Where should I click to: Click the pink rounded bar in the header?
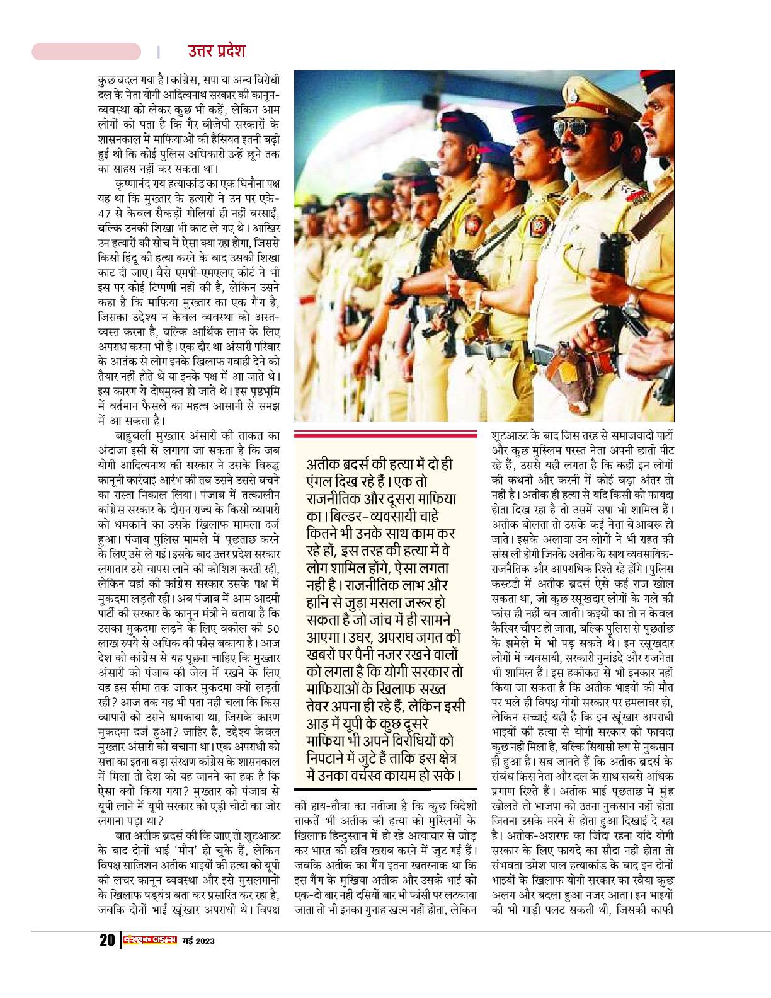86,51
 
